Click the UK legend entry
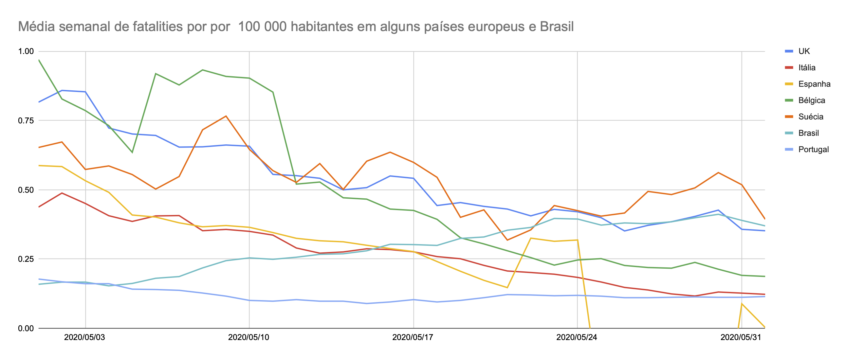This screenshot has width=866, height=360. pyautogui.click(x=804, y=51)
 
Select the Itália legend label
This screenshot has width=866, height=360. pyautogui.click(x=807, y=67)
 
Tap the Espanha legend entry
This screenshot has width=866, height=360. pyautogui.click(x=814, y=84)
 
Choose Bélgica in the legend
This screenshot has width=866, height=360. pyautogui.click(x=812, y=100)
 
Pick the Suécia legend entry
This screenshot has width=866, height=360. pyautogui.click(x=811, y=117)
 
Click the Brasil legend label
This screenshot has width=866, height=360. pyautogui.click(x=808, y=133)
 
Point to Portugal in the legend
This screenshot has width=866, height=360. pyautogui.click(x=813, y=149)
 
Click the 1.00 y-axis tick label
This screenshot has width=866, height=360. pyautogui.click(x=26, y=51)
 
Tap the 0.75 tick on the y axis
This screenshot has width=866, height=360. pyautogui.click(x=26, y=120)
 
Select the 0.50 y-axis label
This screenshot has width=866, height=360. pyautogui.click(x=26, y=189)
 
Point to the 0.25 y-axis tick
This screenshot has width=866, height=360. pyautogui.click(x=26, y=259)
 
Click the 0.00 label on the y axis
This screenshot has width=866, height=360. pyautogui.click(x=26, y=328)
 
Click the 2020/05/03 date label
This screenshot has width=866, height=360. pyautogui.click(x=84, y=337)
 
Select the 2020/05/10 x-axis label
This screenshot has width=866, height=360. pyautogui.click(x=249, y=337)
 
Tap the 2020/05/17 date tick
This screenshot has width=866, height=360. pyautogui.click(x=413, y=337)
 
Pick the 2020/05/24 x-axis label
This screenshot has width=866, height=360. pyautogui.click(x=577, y=337)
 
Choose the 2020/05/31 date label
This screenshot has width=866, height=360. pyautogui.click(x=741, y=337)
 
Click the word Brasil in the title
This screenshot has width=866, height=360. pyautogui.click(x=557, y=27)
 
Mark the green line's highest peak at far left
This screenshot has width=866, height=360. pyautogui.click(x=39, y=60)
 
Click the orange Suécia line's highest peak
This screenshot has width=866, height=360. pyautogui.click(x=226, y=116)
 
